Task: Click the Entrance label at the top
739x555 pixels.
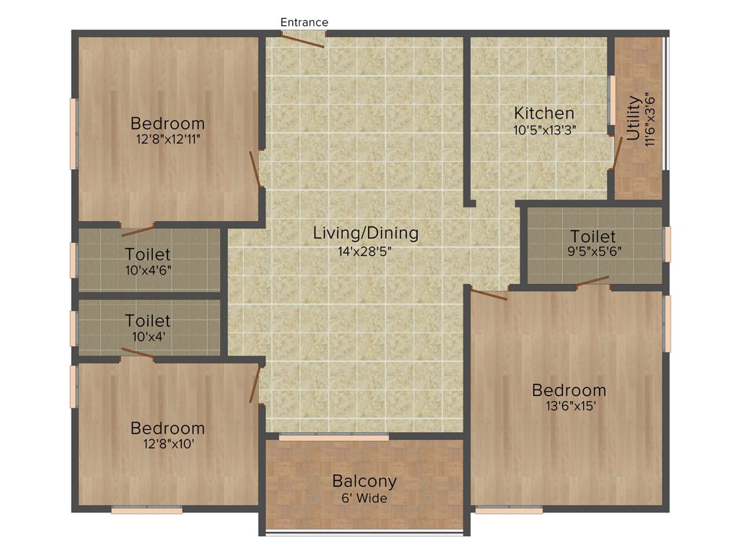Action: pos(304,22)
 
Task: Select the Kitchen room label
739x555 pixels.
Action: pos(544,113)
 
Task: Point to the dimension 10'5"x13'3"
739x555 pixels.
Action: pos(544,130)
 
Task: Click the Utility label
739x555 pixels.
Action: pos(633,117)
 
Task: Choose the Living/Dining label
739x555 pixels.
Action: pos(365,233)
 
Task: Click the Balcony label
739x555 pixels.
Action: pos(364,481)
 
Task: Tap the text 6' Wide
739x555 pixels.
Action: pos(364,499)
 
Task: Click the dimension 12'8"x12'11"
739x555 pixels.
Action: pos(167,139)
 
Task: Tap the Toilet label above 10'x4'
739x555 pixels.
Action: pos(148,320)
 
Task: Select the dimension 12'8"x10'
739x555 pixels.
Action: pos(167,444)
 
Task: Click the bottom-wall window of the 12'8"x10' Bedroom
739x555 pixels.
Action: pos(147,510)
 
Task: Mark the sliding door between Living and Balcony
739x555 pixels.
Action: pos(333,437)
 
